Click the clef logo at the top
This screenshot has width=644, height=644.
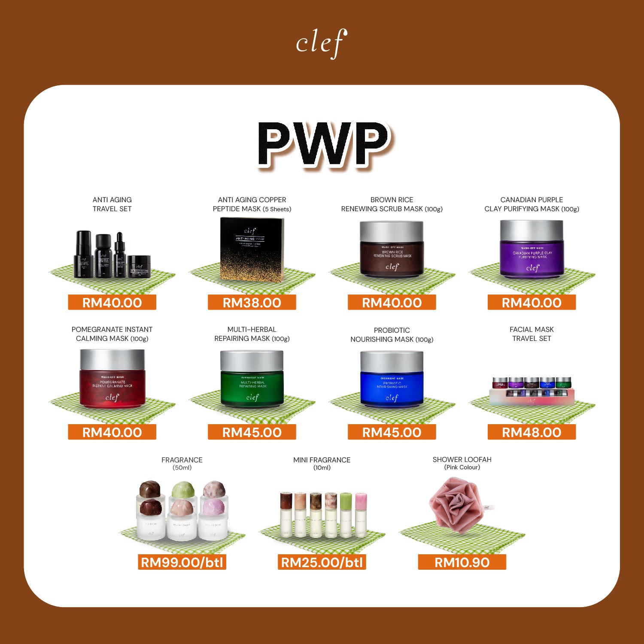click(x=321, y=43)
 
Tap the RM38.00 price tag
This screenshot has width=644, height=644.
click(x=252, y=302)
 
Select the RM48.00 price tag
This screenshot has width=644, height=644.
click(x=532, y=432)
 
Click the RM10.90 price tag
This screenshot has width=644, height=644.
click(x=462, y=562)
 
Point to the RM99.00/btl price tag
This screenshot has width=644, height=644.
click(x=182, y=562)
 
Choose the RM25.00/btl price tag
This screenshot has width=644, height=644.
click(x=322, y=562)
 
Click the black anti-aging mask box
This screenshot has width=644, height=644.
click(x=252, y=249)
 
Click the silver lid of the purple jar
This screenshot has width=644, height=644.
click(x=532, y=230)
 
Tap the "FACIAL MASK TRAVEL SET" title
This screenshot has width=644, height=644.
click(x=532, y=334)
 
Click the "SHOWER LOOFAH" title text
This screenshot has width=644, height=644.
click(x=462, y=459)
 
